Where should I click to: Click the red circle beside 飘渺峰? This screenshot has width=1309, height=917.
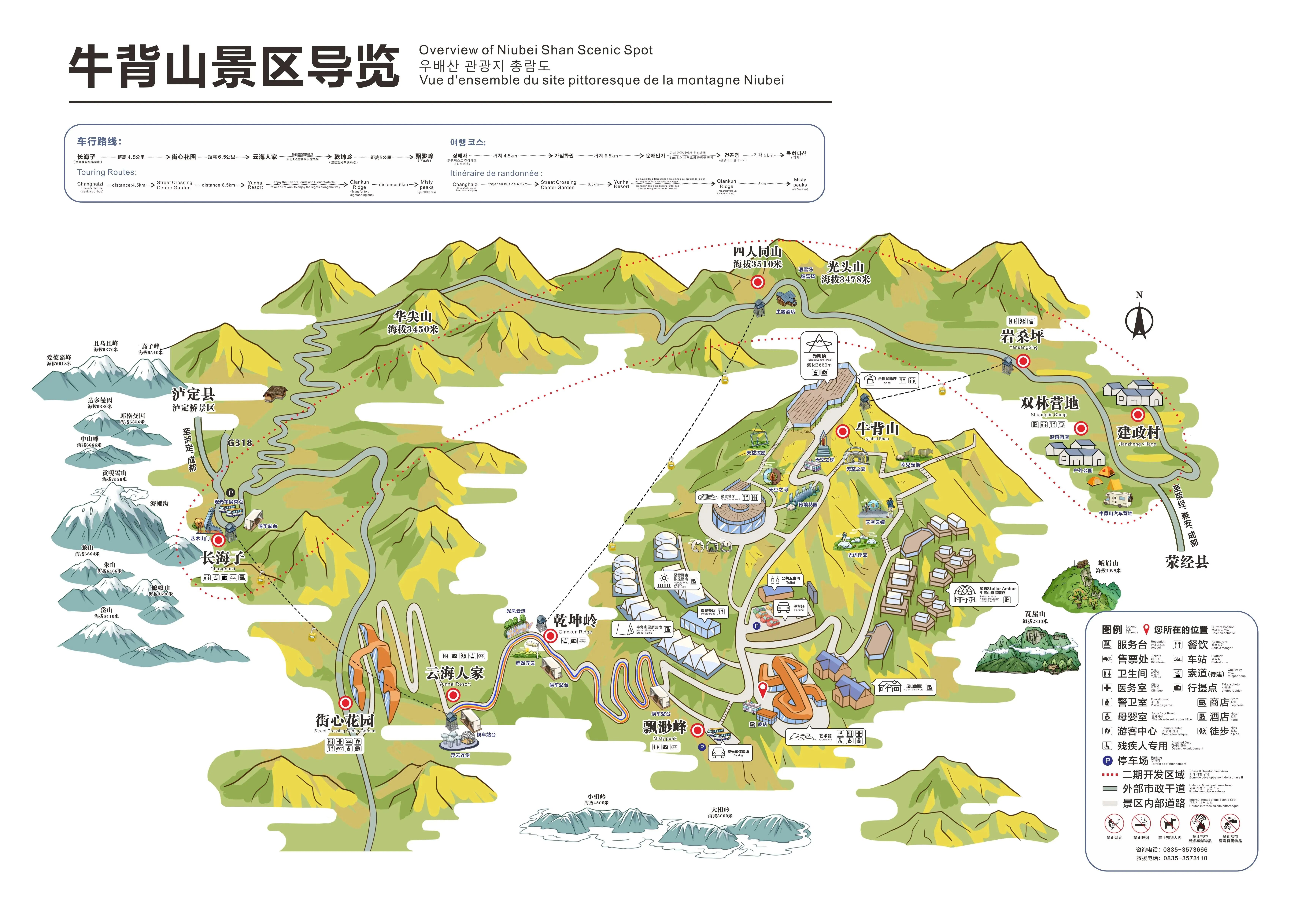tap(697, 730)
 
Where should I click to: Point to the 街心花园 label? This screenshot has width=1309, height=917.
tap(344, 720)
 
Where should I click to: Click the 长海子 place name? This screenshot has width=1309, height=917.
tap(223, 557)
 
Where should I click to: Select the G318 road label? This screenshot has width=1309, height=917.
tap(240, 443)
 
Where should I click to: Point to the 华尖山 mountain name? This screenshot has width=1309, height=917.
tap(413, 316)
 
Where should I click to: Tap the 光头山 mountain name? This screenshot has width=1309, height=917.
tap(845, 267)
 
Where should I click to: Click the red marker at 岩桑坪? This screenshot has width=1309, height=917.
tap(1023, 361)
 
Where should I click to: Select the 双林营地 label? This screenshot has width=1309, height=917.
tap(1049, 403)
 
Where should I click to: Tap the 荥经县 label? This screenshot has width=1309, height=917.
tap(1187, 562)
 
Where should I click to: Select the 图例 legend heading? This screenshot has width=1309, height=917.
tap(1112, 630)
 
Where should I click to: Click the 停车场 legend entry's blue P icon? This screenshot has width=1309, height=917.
tap(1107, 760)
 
